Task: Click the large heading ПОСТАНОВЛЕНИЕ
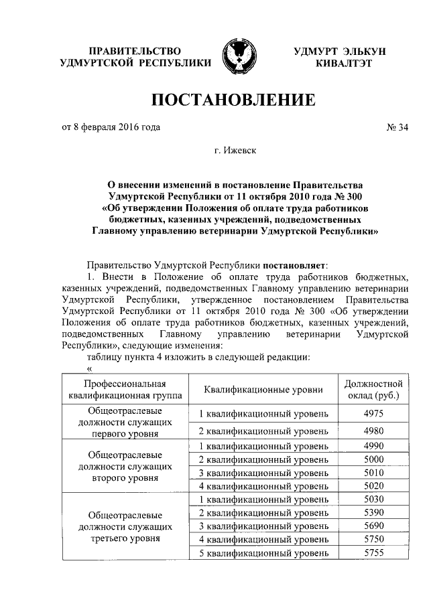pos(234,102)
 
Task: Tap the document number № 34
pos(394,127)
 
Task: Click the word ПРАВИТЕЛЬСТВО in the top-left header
pos(135,51)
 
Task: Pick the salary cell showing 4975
pos(373,414)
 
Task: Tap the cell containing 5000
pos(373,459)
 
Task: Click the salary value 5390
pos(373,512)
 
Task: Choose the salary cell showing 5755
pos(373,553)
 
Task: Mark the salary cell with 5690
pos(373,526)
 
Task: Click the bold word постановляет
pos(294,264)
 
